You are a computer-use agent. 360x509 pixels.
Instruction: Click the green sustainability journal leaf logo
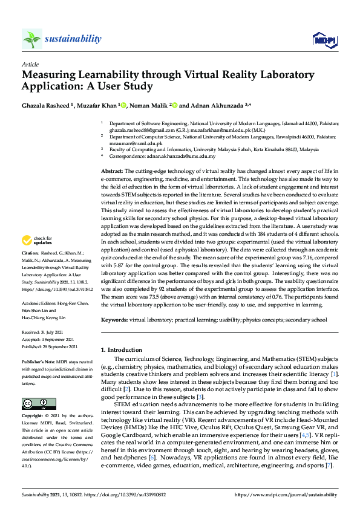31,39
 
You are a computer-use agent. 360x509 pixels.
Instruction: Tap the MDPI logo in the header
324,40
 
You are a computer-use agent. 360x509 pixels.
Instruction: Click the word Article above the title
30,63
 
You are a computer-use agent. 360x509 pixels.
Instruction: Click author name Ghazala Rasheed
46,105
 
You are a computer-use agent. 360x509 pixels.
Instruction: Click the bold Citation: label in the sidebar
31,286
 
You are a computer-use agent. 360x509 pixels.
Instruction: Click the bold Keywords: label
114,319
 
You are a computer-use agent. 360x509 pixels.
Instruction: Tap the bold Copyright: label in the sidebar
33,416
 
